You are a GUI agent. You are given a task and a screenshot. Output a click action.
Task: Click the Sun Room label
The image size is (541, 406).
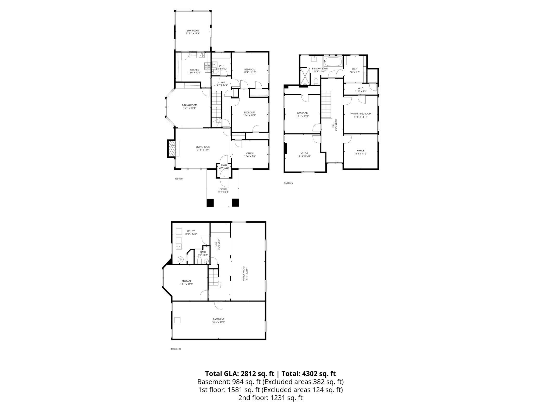192,31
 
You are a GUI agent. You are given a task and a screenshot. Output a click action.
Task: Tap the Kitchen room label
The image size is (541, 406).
194,70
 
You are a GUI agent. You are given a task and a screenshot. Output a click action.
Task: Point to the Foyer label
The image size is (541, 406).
224,166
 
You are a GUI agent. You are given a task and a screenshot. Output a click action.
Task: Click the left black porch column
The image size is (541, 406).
210,202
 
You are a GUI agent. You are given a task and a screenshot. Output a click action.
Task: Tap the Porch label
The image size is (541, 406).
223,189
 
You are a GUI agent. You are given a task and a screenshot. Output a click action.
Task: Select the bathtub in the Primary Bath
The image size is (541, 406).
332,62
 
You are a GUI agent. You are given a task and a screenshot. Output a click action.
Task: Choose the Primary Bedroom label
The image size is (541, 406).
360,114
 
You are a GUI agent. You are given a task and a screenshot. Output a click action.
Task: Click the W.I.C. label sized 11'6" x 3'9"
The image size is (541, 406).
360,88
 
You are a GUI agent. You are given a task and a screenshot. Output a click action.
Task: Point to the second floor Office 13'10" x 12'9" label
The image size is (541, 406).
304,153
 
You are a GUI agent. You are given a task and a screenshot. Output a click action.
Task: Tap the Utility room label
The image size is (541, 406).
191,231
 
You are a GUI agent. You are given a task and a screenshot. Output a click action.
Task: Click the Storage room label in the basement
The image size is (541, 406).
186,281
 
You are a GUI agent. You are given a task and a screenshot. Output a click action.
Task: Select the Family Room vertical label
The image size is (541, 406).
244,274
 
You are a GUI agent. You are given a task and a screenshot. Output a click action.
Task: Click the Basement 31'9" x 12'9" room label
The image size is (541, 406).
218,319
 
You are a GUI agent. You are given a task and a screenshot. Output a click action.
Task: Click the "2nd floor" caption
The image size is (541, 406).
288,183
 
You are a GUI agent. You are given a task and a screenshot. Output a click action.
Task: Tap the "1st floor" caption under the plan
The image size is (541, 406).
179,179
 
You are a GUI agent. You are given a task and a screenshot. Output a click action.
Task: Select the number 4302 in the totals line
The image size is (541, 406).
310,374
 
